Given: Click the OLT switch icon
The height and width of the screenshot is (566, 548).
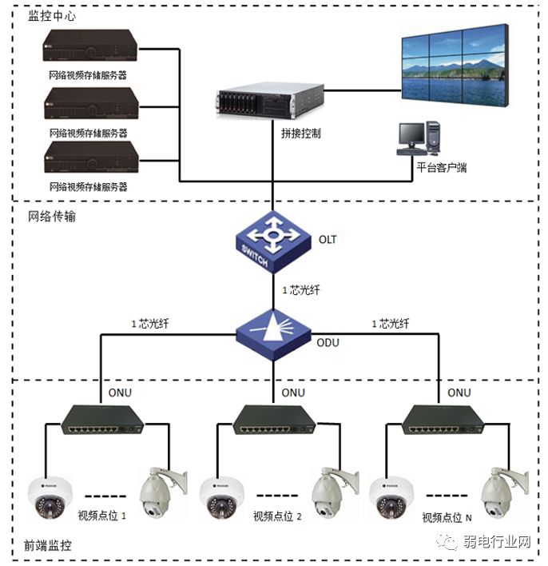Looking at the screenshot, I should pos(272,240).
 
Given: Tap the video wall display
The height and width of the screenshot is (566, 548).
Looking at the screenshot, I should pos(453,66).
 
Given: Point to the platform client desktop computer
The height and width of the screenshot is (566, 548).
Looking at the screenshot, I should pos(420,138).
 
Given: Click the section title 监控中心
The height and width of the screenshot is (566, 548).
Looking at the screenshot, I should pos(52,15).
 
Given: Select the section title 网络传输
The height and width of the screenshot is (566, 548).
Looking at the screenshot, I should pos(52,216).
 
